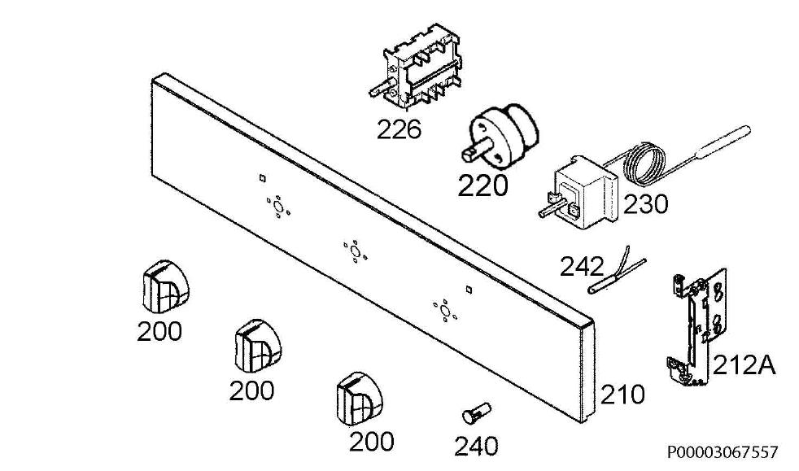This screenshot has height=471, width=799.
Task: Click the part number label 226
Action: (x=399, y=129)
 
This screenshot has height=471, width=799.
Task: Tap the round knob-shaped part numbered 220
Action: (x=501, y=134)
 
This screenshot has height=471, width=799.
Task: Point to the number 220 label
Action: (x=482, y=185)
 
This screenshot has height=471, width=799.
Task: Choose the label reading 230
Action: (x=645, y=205)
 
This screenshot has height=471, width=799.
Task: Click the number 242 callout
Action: (x=582, y=266)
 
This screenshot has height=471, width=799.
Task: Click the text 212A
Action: (x=744, y=365)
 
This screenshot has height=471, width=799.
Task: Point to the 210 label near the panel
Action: (x=622, y=395)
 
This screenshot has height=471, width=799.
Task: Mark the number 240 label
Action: (x=477, y=447)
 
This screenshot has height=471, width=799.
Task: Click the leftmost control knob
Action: (x=164, y=287)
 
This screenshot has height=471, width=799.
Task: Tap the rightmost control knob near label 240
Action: (x=360, y=399)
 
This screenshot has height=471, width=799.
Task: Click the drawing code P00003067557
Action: (x=723, y=451)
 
